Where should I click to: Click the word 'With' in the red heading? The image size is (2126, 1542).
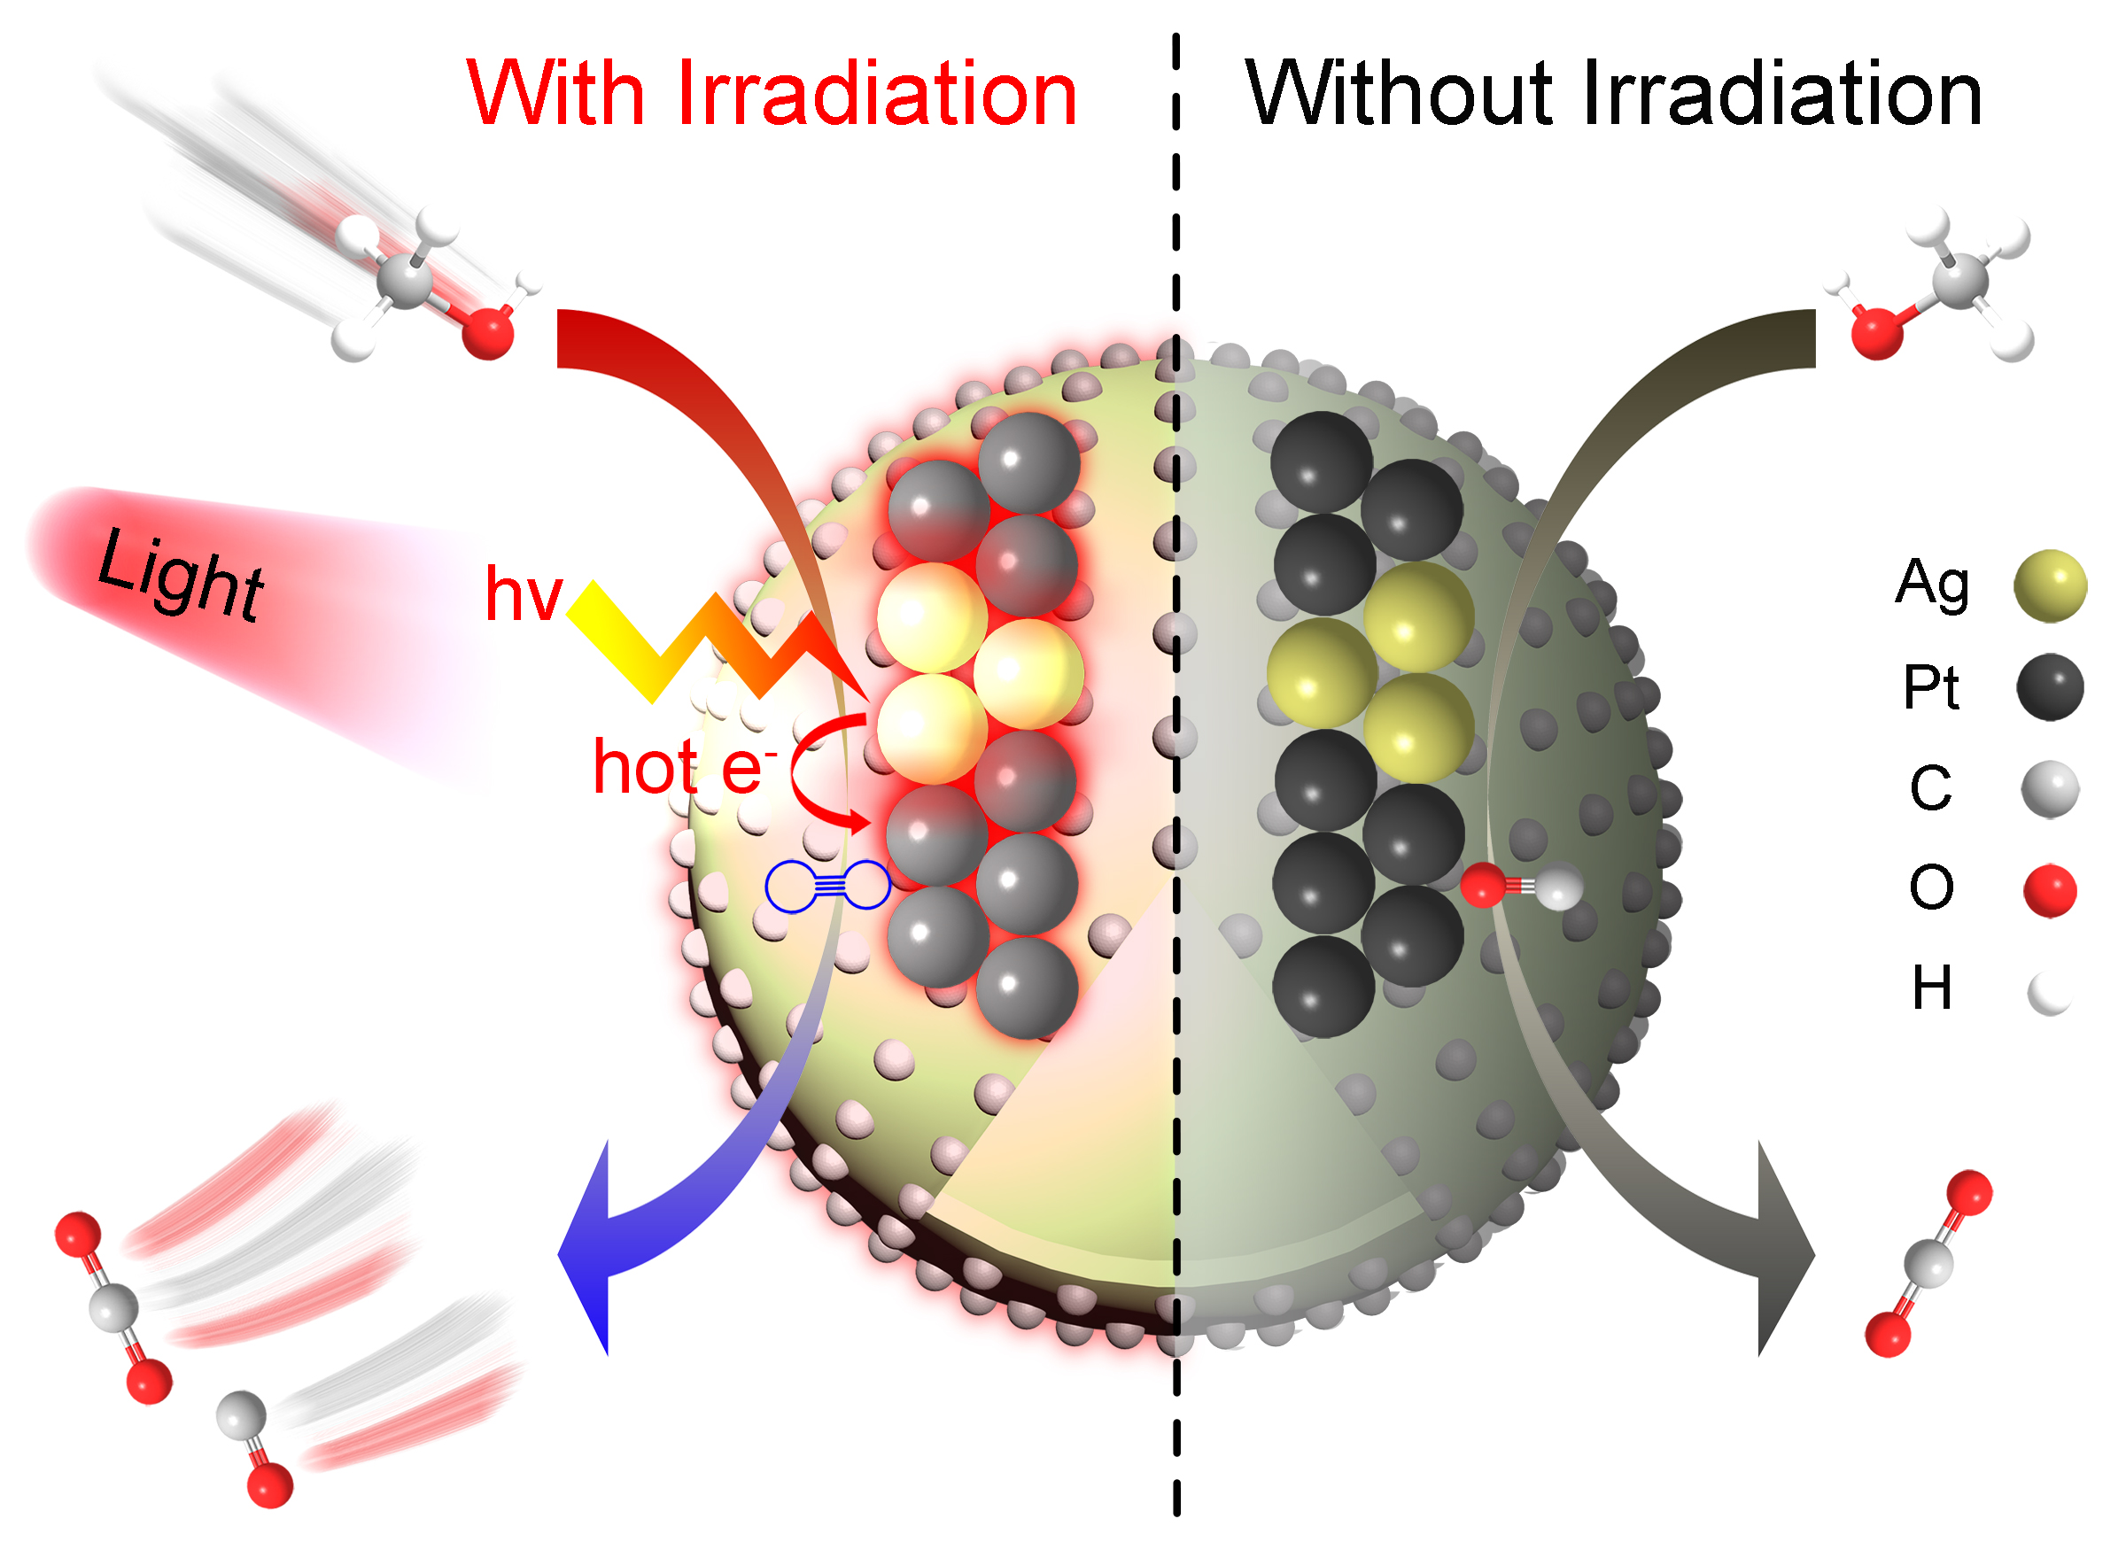555,93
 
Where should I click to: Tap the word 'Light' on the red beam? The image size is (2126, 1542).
181,574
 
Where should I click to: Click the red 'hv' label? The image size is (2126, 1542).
523,594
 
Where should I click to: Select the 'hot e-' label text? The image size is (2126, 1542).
681,767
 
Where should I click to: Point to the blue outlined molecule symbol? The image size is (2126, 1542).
827,886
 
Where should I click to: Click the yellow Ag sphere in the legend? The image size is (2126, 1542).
2050,585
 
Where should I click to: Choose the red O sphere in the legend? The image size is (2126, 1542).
2050,890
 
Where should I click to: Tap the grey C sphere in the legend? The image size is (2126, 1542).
2050,789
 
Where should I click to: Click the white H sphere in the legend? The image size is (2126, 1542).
2050,994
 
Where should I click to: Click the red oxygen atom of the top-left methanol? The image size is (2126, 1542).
487,333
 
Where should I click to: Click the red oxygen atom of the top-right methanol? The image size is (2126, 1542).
1877,333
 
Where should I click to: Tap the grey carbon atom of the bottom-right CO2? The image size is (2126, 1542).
1928,1263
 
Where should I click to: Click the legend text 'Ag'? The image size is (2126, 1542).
1932,583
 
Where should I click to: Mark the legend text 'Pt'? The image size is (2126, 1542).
1930,687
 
